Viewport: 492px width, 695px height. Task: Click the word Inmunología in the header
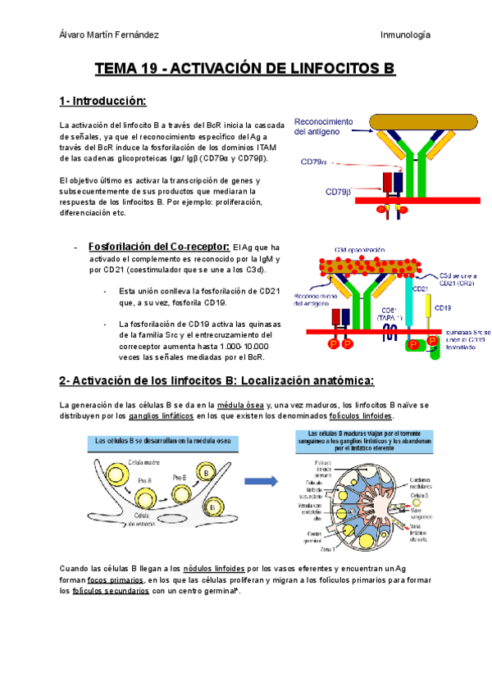point(406,34)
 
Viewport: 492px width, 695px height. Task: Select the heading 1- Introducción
point(102,101)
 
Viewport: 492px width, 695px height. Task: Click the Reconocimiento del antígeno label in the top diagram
point(323,126)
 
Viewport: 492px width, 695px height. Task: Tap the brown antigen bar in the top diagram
point(423,122)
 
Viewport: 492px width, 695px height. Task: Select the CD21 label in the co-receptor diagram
point(420,288)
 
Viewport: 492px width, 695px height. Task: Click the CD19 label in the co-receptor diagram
point(442,308)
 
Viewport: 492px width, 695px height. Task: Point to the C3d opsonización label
point(359,250)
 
